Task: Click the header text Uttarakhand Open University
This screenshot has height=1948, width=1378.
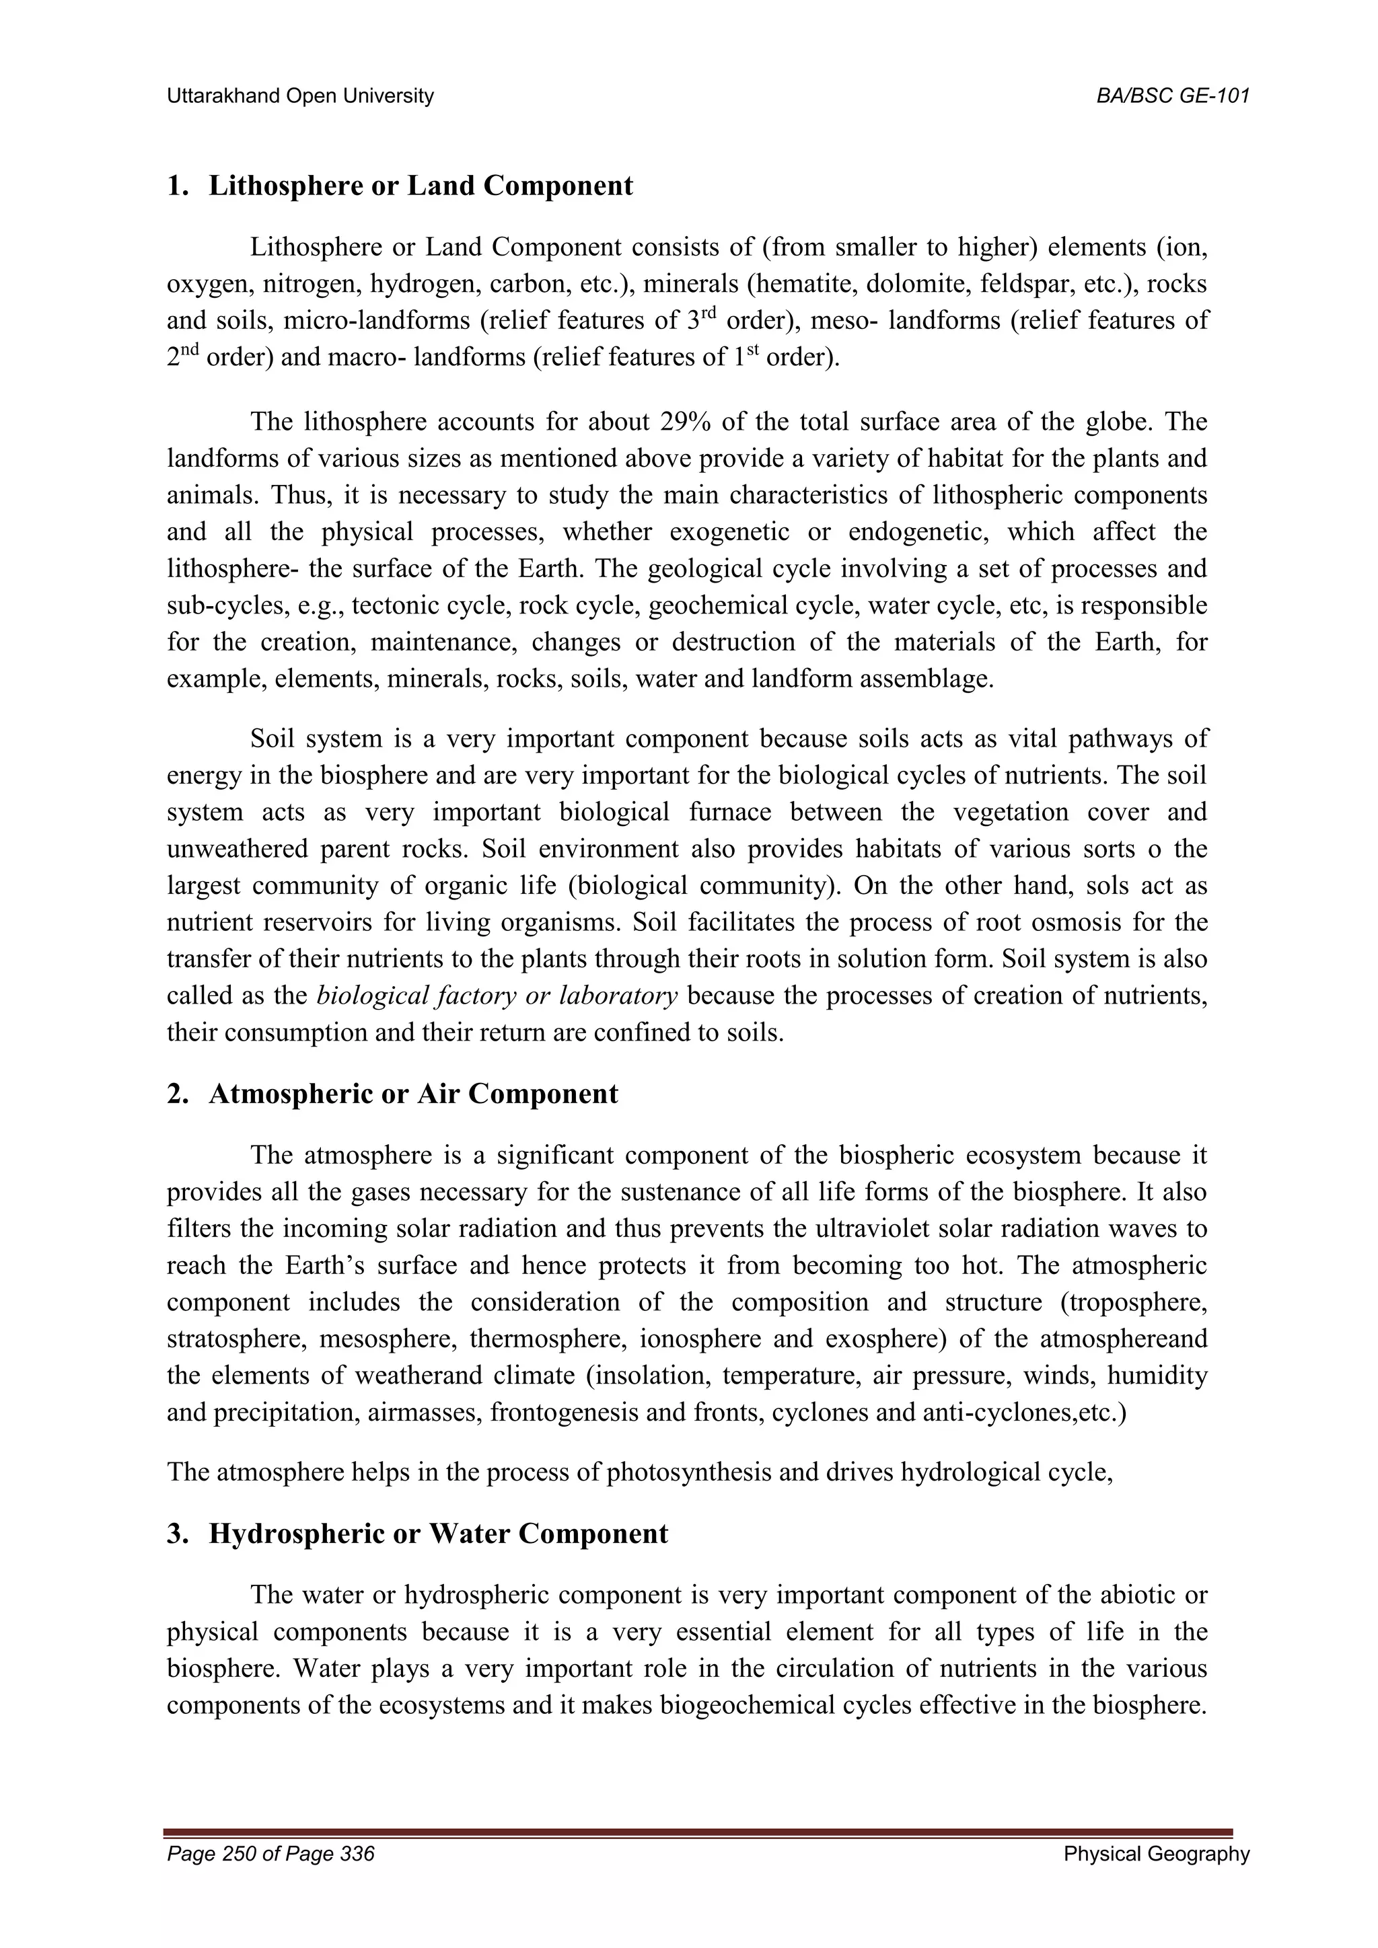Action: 299,97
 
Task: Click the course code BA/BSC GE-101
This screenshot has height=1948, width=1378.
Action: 1173,97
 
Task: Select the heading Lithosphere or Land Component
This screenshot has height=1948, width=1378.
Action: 420,186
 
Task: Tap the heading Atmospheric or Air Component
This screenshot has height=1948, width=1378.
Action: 412,1094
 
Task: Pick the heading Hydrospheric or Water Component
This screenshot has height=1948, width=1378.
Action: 438,1534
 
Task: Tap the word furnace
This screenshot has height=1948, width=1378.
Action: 731,813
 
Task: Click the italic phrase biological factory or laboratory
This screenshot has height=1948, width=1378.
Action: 497,996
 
